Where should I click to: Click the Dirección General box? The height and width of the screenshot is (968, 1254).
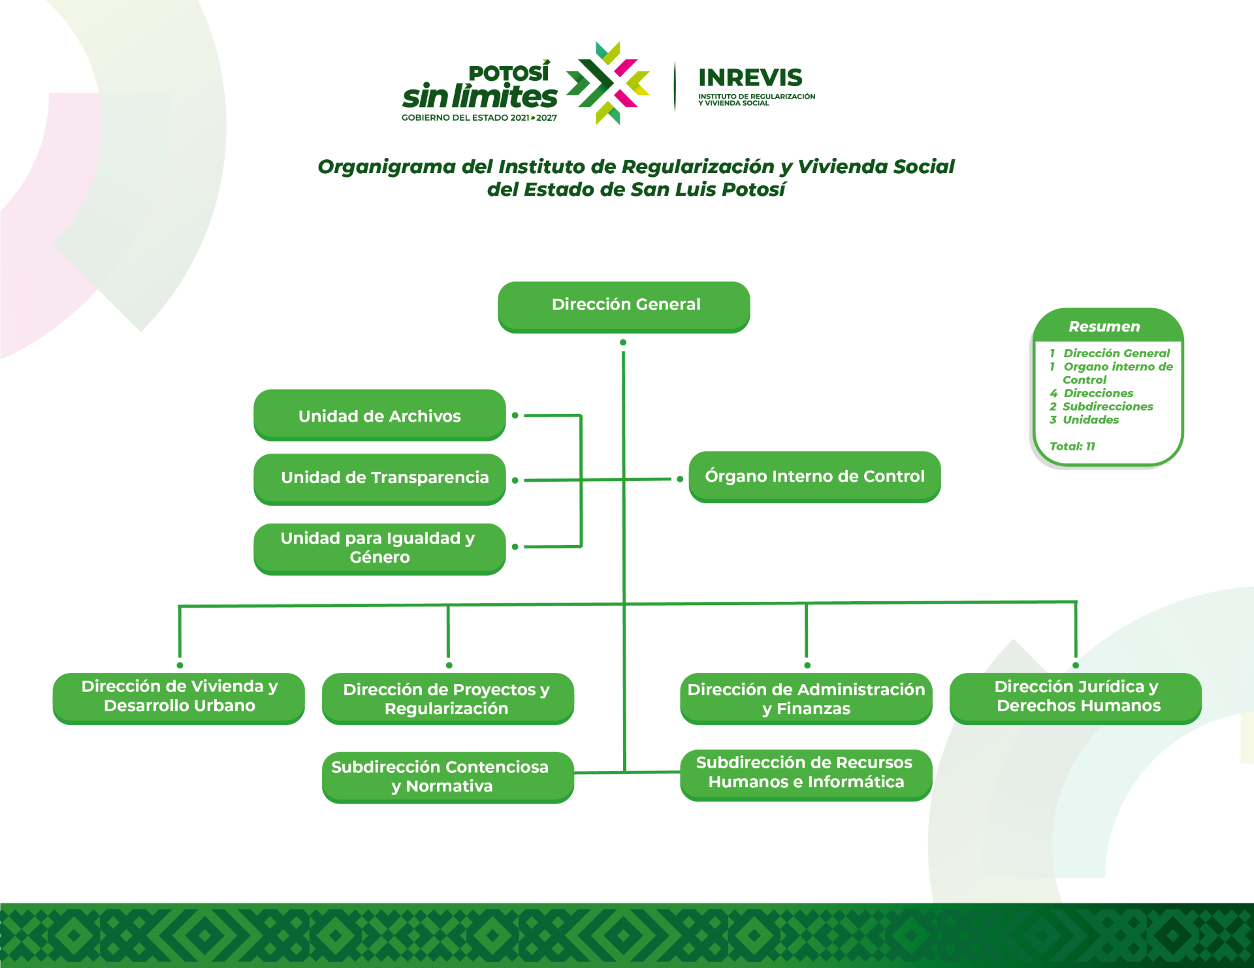pos(624,307)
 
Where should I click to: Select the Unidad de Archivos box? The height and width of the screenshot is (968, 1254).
pos(379,415)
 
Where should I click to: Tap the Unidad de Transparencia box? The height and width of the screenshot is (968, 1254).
pos(379,479)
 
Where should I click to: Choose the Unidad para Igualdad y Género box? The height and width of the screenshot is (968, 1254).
pos(379,549)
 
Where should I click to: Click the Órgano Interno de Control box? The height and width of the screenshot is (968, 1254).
pos(814,477)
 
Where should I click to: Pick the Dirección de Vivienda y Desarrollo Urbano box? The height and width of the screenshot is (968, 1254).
pos(179,698)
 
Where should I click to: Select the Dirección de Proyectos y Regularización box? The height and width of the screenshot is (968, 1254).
pos(448,698)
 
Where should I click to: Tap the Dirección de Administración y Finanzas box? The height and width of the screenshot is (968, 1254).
pos(806,698)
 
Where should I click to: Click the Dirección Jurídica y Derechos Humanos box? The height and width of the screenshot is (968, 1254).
pos(1076,698)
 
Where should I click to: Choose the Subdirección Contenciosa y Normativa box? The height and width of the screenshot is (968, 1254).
pos(448,777)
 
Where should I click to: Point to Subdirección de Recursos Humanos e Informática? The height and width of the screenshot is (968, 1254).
pos(806,775)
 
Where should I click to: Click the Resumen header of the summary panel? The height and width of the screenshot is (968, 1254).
pos(1104,326)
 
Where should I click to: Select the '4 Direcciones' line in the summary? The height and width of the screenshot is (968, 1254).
pos(1091,393)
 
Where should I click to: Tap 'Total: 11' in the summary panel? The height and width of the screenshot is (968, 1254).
pos(1072,446)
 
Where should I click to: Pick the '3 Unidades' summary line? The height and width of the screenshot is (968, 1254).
pos(1084,420)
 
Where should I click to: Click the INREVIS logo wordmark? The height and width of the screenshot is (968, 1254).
pos(750,78)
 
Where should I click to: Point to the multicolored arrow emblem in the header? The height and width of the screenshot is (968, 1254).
pos(607,83)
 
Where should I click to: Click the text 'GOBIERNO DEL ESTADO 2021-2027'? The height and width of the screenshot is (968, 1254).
pos(479,118)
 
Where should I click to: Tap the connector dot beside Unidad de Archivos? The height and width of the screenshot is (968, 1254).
pos(515,415)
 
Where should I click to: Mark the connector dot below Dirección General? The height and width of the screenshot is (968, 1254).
pos(623,342)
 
